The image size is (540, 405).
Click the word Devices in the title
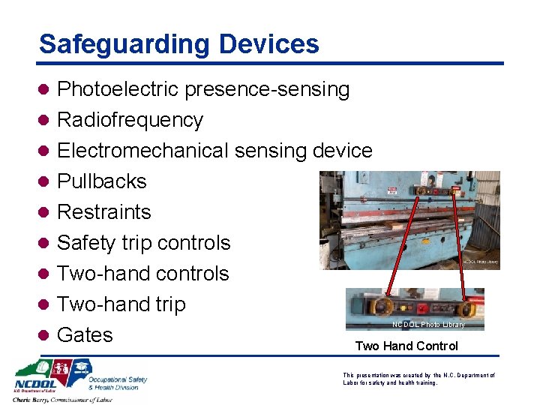coord(268,44)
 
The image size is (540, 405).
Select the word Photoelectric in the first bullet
coord(118,90)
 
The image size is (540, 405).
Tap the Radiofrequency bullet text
coord(130,120)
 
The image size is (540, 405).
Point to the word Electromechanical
coord(143,151)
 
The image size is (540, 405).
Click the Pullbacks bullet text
coord(102,181)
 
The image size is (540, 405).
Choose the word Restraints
coord(104,212)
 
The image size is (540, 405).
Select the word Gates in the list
coord(85,335)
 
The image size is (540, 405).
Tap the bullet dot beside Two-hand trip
coord(44,304)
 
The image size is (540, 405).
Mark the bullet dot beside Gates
coord(44,335)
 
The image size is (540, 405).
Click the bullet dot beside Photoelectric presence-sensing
coord(44,90)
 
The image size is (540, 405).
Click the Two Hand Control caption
coord(406,346)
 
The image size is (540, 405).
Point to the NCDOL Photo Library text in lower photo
coord(428,325)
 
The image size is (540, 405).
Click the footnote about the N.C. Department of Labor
coord(418,379)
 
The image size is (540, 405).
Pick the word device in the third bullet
coord(342,151)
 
